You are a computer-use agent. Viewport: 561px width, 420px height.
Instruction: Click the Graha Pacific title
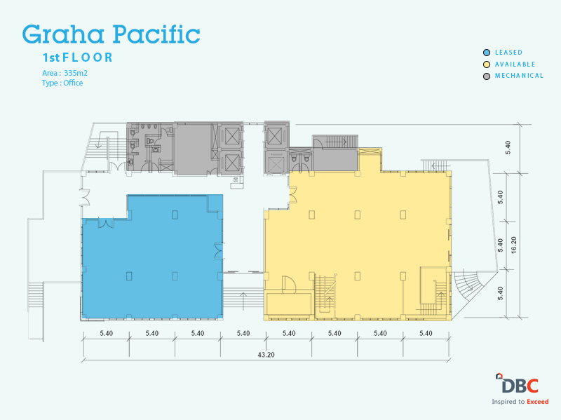pos(111,34)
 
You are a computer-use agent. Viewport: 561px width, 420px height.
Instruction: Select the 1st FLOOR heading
pos(78,57)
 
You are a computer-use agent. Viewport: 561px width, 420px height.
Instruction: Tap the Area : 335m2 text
pos(65,73)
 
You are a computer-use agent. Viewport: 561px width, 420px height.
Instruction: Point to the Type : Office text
pos(62,83)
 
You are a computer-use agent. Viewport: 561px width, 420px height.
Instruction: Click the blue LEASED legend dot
pos(487,53)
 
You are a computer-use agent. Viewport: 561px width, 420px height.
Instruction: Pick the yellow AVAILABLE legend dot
pos(487,65)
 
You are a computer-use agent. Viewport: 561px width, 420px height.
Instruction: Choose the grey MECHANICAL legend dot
pos(487,76)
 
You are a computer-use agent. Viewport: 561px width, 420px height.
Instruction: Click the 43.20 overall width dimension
pos(266,355)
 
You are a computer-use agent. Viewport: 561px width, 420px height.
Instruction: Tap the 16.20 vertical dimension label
pos(514,245)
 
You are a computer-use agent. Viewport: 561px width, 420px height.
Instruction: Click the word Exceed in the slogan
pos(537,401)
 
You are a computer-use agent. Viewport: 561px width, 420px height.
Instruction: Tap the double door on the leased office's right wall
pos(219,250)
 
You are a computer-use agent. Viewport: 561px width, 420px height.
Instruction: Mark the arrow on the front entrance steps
pos(243,301)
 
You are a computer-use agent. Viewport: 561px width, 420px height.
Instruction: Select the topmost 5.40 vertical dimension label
pos(508,148)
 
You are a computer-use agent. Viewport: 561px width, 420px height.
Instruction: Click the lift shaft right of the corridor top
pos(276,136)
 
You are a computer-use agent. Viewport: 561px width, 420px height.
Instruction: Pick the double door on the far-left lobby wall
pos(86,197)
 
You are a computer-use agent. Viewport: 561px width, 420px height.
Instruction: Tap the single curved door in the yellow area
pos(289,285)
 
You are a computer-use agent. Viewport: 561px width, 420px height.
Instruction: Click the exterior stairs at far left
pos(36,294)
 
